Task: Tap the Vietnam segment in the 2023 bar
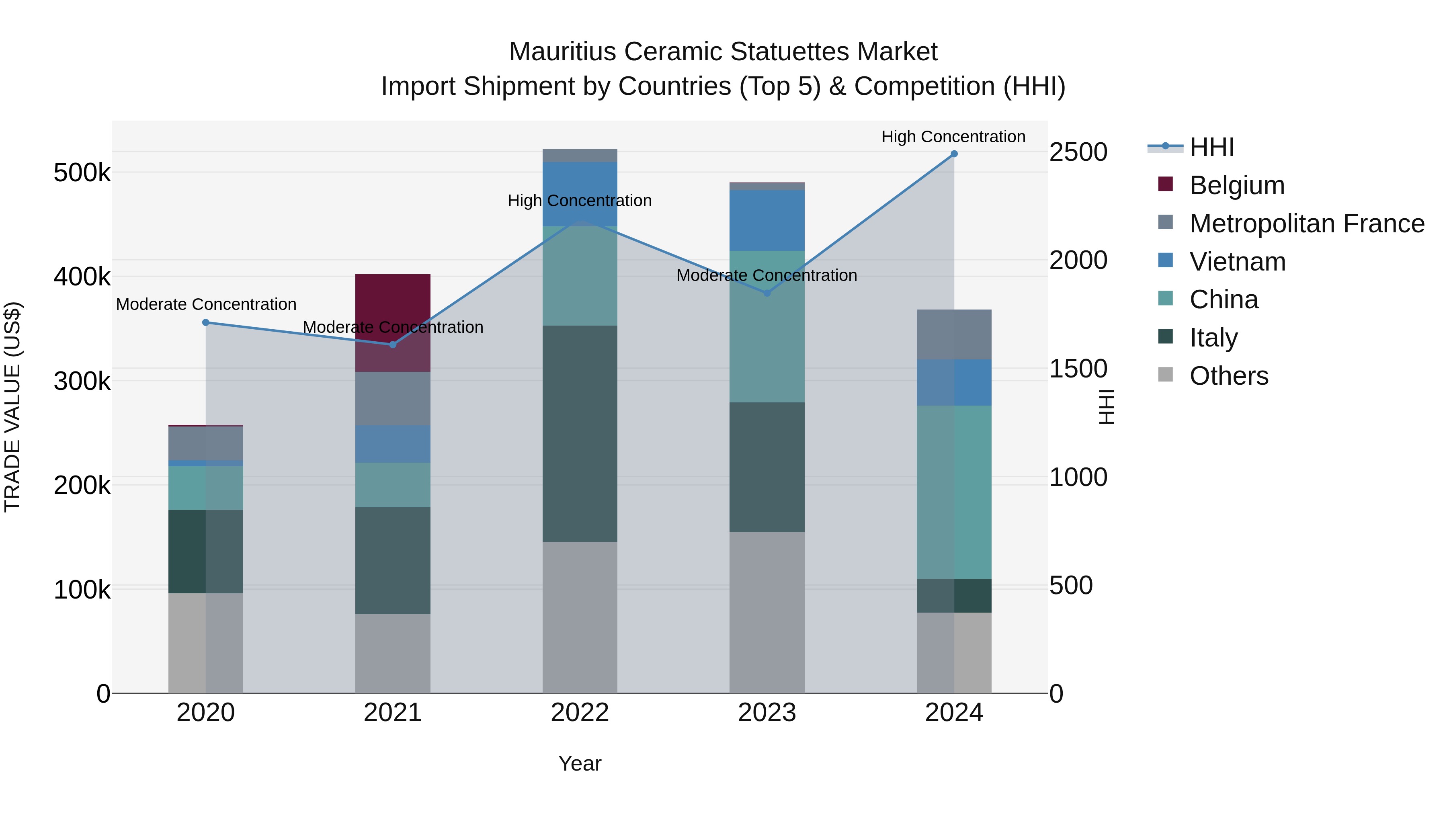pyautogui.click(x=767, y=220)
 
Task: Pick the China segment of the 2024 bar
pyautogui.click(x=954, y=492)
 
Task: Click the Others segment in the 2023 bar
pyautogui.click(x=767, y=612)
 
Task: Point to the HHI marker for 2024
pyautogui.click(x=954, y=154)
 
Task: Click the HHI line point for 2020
pyautogui.click(x=205, y=322)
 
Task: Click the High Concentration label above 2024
pyautogui.click(x=953, y=137)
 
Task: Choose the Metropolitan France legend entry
pyautogui.click(x=1307, y=223)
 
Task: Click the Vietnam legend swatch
pyautogui.click(x=1166, y=260)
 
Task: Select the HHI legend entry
pyautogui.click(x=1211, y=147)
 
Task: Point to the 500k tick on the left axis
pyautogui.click(x=82, y=172)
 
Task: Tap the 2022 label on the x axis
pyautogui.click(x=580, y=713)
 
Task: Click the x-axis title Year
pyautogui.click(x=580, y=763)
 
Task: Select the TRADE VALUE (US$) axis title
pyautogui.click(x=12, y=407)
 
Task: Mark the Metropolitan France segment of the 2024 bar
pyautogui.click(x=954, y=334)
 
